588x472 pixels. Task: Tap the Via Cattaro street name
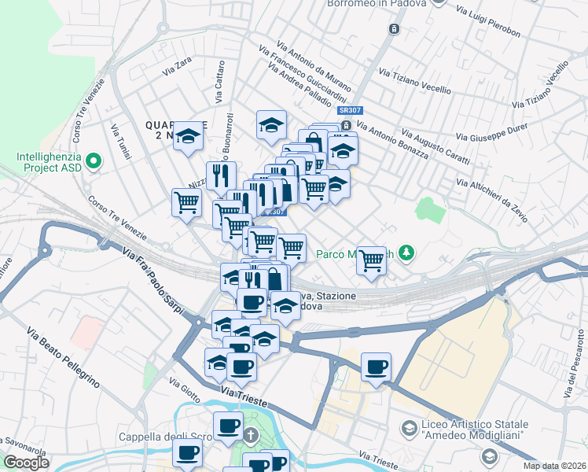click(219, 87)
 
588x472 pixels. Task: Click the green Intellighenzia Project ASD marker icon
click(94, 162)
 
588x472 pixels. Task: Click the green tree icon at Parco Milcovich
click(406, 253)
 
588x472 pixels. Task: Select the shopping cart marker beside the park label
click(371, 260)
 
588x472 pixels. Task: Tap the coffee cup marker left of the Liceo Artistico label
click(376, 366)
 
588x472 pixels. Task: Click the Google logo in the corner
click(27, 463)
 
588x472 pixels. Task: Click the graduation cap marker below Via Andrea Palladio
click(271, 124)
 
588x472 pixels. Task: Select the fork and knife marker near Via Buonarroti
click(221, 175)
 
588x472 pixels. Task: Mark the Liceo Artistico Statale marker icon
click(408, 428)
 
